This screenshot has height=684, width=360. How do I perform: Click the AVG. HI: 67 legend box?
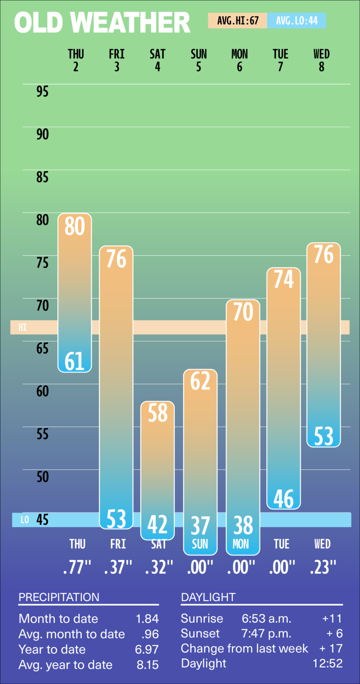[x=238, y=21]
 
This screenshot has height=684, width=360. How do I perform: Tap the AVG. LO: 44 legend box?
[x=297, y=21]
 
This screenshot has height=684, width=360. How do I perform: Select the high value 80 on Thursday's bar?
[x=75, y=226]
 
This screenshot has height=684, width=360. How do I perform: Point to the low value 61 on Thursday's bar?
[x=75, y=361]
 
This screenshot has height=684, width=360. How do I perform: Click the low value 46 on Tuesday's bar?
[x=283, y=498]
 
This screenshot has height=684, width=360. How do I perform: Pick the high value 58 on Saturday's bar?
[x=158, y=413]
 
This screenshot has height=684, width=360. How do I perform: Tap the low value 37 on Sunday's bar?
[x=200, y=526]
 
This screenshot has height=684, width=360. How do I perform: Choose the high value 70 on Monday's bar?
[x=243, y=312]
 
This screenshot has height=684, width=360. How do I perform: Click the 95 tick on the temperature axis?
[x=42, y=91]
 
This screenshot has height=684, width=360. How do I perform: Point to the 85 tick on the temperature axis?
[x=42, y=177]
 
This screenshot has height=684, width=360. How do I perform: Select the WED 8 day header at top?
[x=322, y=60]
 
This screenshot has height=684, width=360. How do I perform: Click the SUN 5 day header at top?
[x=199, y=60]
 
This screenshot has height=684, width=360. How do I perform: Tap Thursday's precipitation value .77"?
[x=77, y=567]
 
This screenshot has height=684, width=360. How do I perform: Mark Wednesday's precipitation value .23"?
[x=323, y=567]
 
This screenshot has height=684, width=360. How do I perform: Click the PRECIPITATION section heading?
[x=59, y=597]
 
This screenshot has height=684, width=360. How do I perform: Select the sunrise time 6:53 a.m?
[x=266, y=619]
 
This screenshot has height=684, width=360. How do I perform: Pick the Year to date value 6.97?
[x=147, y=649]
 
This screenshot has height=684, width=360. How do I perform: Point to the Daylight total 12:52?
[x=328, y=663]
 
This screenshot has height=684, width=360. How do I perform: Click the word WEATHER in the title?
[x=130, y=23]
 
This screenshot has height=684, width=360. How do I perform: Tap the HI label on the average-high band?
[x=22, y=327]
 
